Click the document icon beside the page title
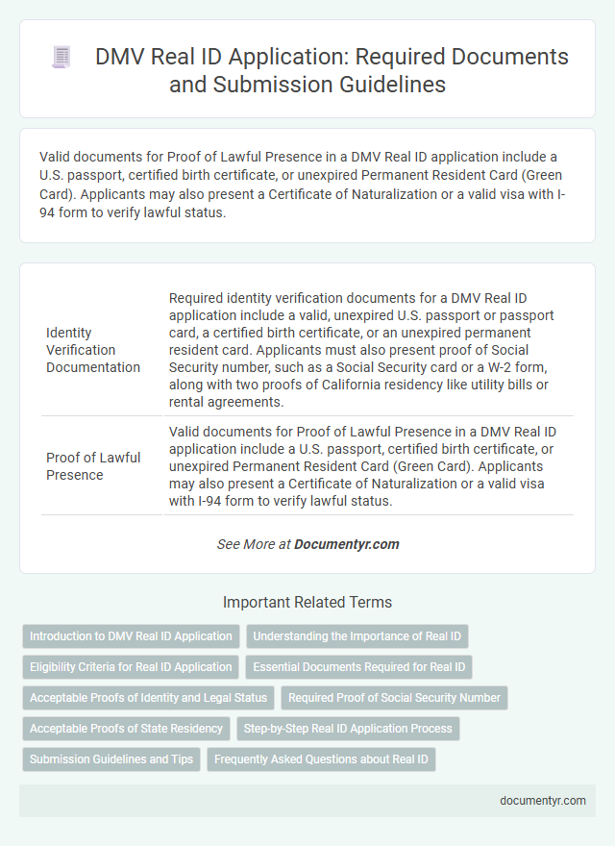click(x=62, y=58)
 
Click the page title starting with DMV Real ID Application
click(x=332, y=70)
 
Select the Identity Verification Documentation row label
click(x=92, y=350)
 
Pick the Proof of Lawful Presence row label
click(x=92, y=466)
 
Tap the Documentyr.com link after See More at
click(x=347, y=544)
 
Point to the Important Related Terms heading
click(x=307, y=603)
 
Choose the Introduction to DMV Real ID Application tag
click(x=131, y=636)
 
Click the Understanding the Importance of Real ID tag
click(x=357, y=636)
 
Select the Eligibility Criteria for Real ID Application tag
click(x=131, y=666)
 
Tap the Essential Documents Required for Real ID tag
click(x=359, y=666)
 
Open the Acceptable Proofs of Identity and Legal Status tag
click(x=148, y=698)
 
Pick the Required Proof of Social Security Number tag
click(x=394, y=698)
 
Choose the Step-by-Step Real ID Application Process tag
click(x=348, y=729)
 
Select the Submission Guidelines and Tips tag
click(x=111, y=759)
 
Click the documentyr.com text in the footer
click(x=543, y=800)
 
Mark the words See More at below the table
click(x=255, y=544)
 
